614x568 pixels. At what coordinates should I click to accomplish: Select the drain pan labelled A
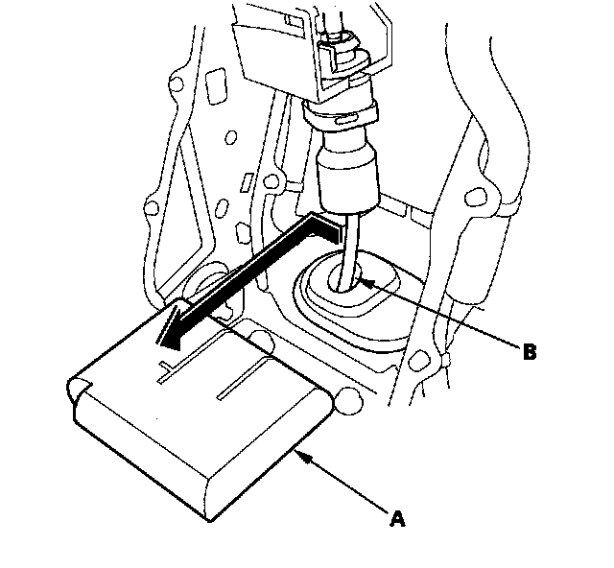201,422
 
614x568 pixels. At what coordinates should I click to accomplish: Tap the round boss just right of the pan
346,401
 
